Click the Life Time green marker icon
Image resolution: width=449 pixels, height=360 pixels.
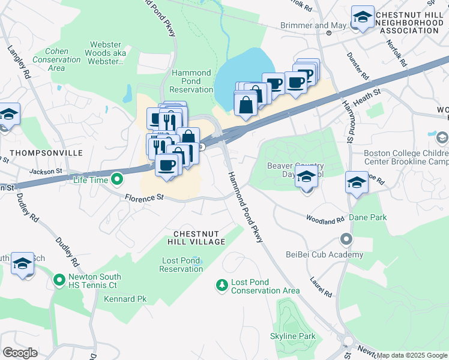(117, 179)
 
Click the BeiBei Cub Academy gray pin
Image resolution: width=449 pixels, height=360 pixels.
(346, 240)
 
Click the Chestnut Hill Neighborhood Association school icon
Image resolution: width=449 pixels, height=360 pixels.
(363, 19)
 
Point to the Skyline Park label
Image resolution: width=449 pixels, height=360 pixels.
(292, 336)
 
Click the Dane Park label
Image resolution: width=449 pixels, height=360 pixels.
(367, 218)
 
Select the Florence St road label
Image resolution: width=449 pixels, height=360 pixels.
(144, 197)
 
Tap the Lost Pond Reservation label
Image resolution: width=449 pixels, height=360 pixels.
(181, 265)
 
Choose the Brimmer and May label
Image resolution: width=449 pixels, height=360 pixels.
(304, 26)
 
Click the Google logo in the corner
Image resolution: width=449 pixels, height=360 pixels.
(20, 352)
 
